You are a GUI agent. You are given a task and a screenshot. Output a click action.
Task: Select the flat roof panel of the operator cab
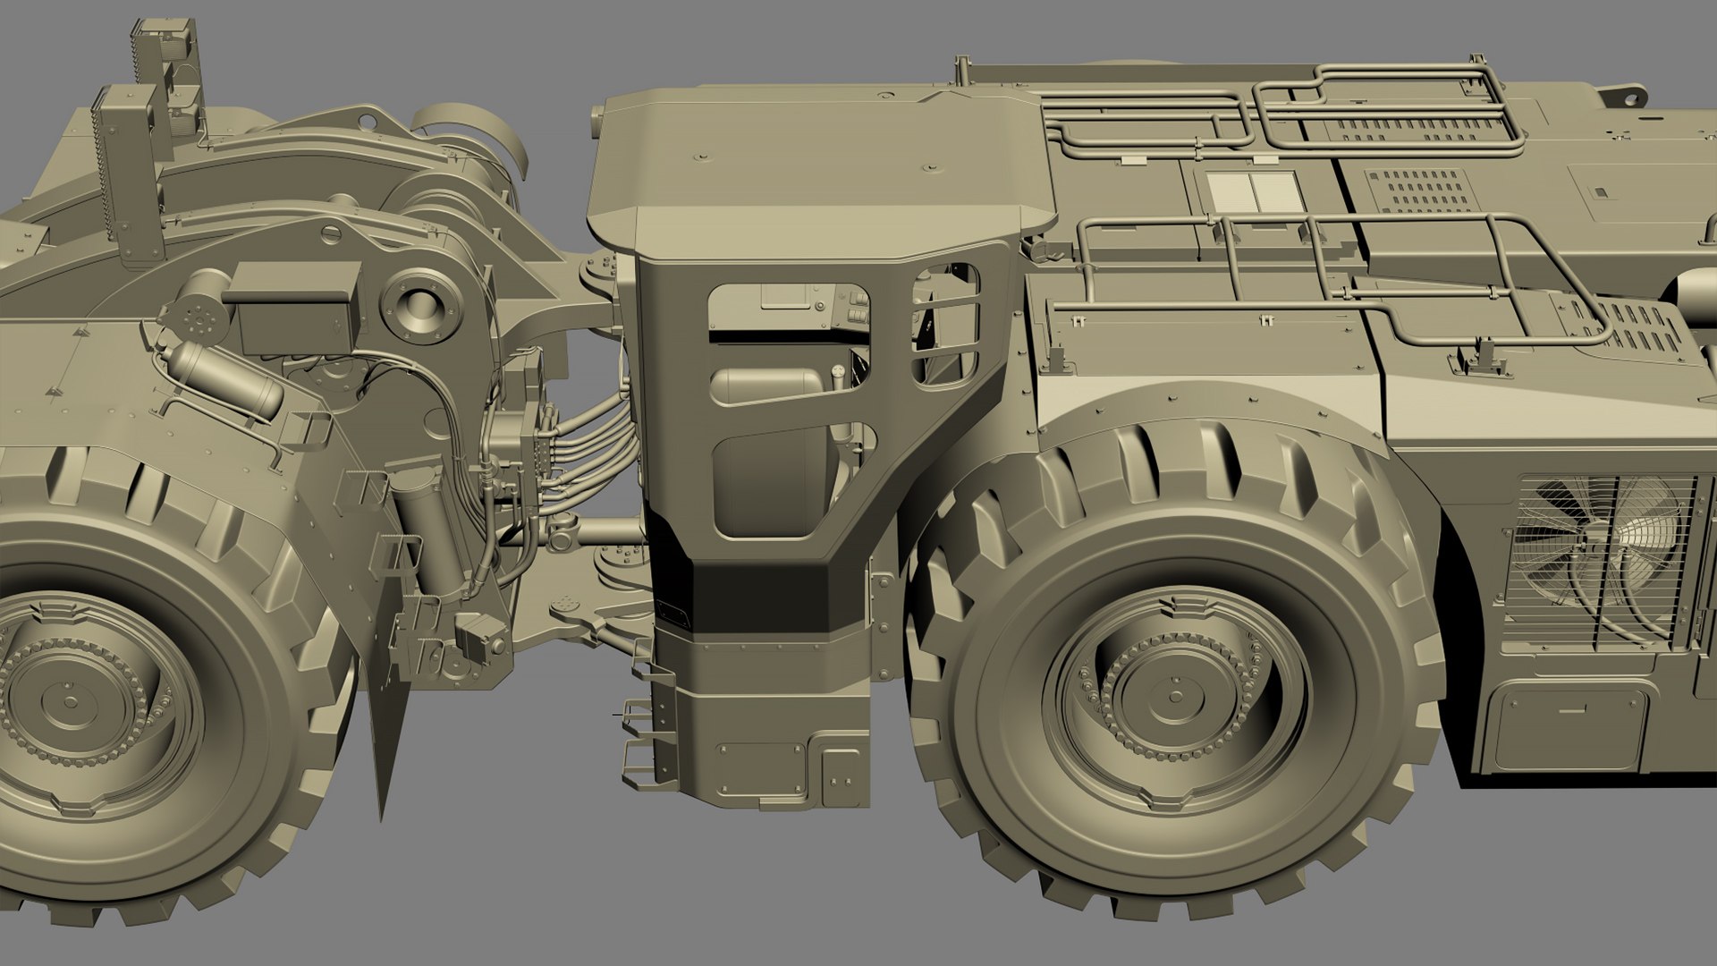[823, 152]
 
